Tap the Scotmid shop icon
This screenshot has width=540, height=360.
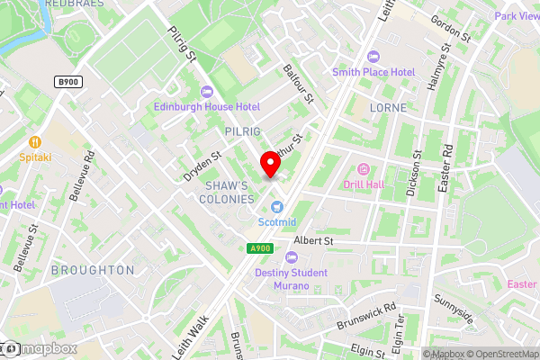click(x=277, y=207)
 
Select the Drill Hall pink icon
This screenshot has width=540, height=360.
click(x=364, y=169)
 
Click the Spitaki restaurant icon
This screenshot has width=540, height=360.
click(x=35, y=141)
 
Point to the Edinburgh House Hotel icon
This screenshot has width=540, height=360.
click(x=207, y=91)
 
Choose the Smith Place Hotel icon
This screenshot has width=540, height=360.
click(x=373, y=56)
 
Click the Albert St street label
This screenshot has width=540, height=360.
click(x=313, y=242)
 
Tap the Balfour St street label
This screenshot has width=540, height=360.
click(x=297, y=81)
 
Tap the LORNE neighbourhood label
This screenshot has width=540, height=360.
click(x=389, y=107)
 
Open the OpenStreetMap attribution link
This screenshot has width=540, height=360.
click(x=498, y=354)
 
